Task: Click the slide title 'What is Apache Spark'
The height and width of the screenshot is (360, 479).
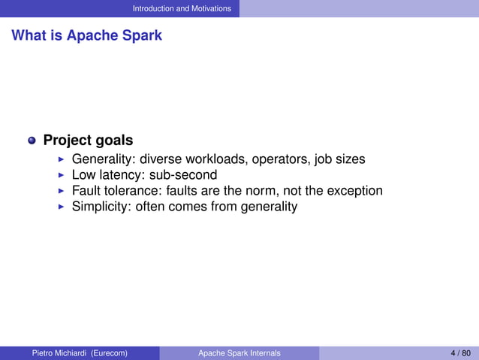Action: pos(86,35)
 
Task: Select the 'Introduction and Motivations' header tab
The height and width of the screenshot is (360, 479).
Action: pos(182,8)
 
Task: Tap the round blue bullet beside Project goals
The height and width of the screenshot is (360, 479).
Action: pos(32,141)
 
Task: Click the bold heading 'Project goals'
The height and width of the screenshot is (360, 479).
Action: pos(88,141)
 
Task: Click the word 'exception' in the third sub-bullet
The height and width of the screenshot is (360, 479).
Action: pos(354,191)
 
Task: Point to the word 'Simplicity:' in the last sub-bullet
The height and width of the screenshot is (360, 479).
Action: pos(101,207)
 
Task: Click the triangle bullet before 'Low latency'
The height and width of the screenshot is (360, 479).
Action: pos(62,175)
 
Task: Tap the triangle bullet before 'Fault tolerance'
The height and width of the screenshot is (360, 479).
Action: pos(62,191)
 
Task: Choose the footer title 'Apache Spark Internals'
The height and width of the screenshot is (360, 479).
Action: pos(239,353)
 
